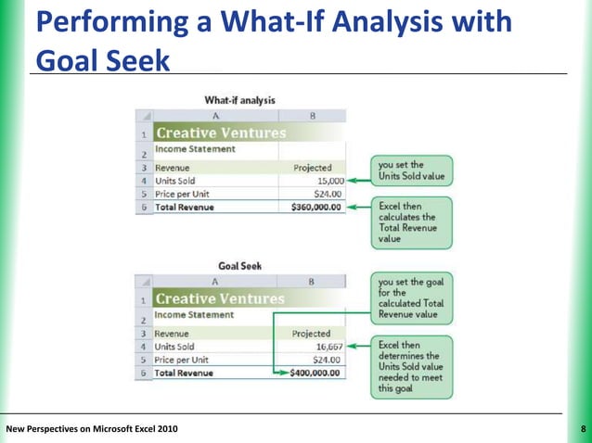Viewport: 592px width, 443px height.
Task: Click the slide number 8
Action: tap(581, 429)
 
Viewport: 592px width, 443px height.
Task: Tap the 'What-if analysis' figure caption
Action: tap(239, 100)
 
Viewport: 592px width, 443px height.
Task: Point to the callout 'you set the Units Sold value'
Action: tap(412, 169)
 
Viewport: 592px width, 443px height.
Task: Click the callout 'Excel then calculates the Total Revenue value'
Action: tap(412, 221)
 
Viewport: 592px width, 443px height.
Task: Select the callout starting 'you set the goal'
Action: tap(412, 297)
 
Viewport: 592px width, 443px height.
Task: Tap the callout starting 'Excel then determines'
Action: tap(412, 366)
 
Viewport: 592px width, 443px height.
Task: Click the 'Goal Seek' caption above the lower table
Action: tap(239, 266)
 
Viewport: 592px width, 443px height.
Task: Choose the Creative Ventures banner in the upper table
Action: tap(220, 133)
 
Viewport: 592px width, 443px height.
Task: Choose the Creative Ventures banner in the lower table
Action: tap(220, 299)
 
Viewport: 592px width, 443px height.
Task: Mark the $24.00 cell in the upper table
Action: tap(324, 195)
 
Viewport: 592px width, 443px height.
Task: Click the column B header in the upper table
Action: tap(313, 118)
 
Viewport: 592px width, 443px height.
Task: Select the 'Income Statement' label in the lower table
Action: tap(195, 315)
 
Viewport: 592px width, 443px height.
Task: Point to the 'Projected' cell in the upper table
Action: tap(312, 168)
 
